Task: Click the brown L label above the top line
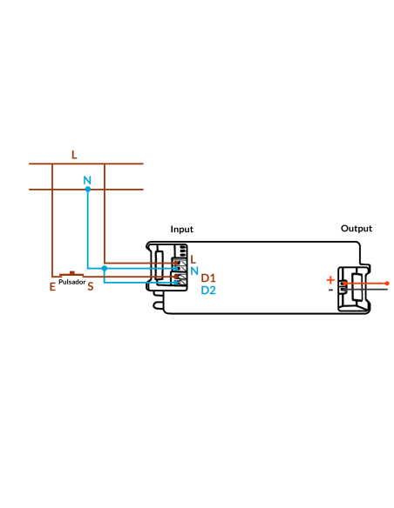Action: click(x=74, y=155)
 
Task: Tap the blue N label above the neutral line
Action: click(x=87, y=180)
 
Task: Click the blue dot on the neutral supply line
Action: click(x=88, y=190)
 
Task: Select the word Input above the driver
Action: click(x=182, y=230)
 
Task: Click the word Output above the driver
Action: click(x=357, y=229)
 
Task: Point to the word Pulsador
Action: click(x=72, y=282)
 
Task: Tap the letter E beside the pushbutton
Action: click(x=52, y=287)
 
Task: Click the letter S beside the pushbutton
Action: click(x=91, y=286)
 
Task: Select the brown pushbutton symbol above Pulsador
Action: click(x=71, y=274)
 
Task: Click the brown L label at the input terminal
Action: click(x=194, y=259)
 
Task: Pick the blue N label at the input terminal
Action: click(x=194, y=271)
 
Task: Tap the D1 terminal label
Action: click(x=208, y=278)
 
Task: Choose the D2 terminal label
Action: click(x=208, y=291)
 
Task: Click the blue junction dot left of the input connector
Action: click(x=105, y=268)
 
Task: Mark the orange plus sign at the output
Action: click(x=330, y=280)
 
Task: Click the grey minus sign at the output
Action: click(x=330, y=290)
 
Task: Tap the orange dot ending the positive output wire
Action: click(x=387, y=284)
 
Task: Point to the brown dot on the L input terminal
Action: click(x=176, y=263)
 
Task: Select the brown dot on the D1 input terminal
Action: click(x=176, y=277)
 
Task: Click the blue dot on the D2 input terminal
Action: click(x=176, y=283)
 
